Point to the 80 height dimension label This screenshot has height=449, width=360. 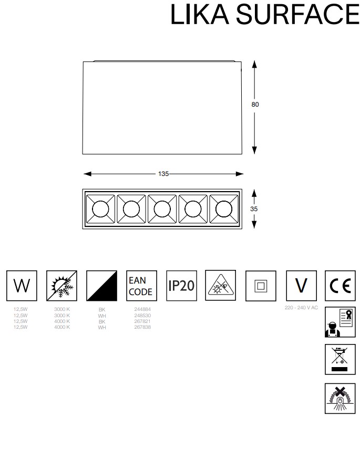[x=255, y=105]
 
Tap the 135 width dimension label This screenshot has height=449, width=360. [x=163, y=174]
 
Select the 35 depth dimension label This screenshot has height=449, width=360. [x=254, y=208]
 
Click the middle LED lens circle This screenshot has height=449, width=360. [x=161, y=208]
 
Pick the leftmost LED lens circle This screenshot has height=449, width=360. [x=100, y=208]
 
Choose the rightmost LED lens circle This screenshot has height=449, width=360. [x=223, y=208]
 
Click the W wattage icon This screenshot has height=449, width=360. [x=22, y=286]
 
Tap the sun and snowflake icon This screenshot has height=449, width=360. [x=61, y=286]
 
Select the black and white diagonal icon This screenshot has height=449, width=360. [x=101, y=286]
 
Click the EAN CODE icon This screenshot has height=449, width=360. [x=141, y=286]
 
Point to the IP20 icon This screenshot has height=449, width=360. [x=181, y=286]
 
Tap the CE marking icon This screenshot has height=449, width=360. [x=341, y=286]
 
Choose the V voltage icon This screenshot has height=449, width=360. [x=301, y=286]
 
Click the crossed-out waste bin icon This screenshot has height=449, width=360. [x=341, y=360]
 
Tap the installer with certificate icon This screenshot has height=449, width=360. [x=341, y=321]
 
